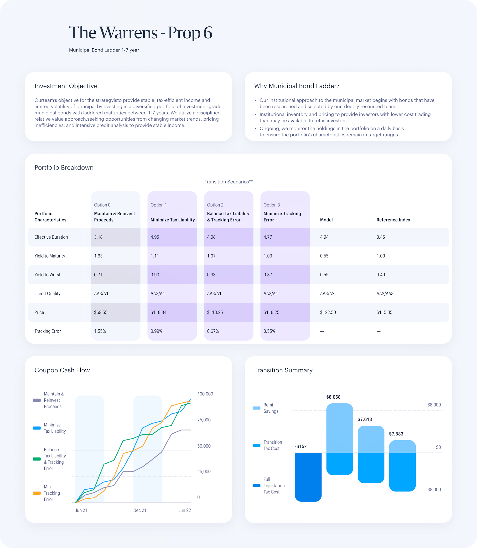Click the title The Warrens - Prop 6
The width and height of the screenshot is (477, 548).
coord(140,33)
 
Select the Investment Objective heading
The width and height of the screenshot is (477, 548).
coord(66,86)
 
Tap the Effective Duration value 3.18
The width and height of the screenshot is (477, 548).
coord(98,237)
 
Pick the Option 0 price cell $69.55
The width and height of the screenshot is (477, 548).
coord(101,312)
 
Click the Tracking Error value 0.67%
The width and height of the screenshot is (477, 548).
coord(213,331)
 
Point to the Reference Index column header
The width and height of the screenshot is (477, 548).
coord(393,220)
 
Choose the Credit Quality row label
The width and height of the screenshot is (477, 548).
coord(47,293)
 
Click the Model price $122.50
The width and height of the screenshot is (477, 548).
coord(328,312)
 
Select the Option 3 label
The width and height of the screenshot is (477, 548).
coord(271,205)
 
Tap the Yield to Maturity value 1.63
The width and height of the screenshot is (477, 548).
coord(98,256)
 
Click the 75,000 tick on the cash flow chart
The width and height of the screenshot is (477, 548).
coord(204,420)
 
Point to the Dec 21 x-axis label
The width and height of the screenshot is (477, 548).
coord(140,510)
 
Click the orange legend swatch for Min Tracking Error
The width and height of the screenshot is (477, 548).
coord(37,493)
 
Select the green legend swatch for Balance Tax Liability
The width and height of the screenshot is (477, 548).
coord(37,459)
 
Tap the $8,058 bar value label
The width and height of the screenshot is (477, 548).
coord(333,397)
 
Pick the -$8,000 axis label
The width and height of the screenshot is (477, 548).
coord(433,489)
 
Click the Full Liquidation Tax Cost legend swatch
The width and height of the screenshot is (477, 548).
coord(256,486)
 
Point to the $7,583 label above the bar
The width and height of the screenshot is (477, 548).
coord(396,434)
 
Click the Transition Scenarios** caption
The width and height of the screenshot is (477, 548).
coord(228,182)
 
